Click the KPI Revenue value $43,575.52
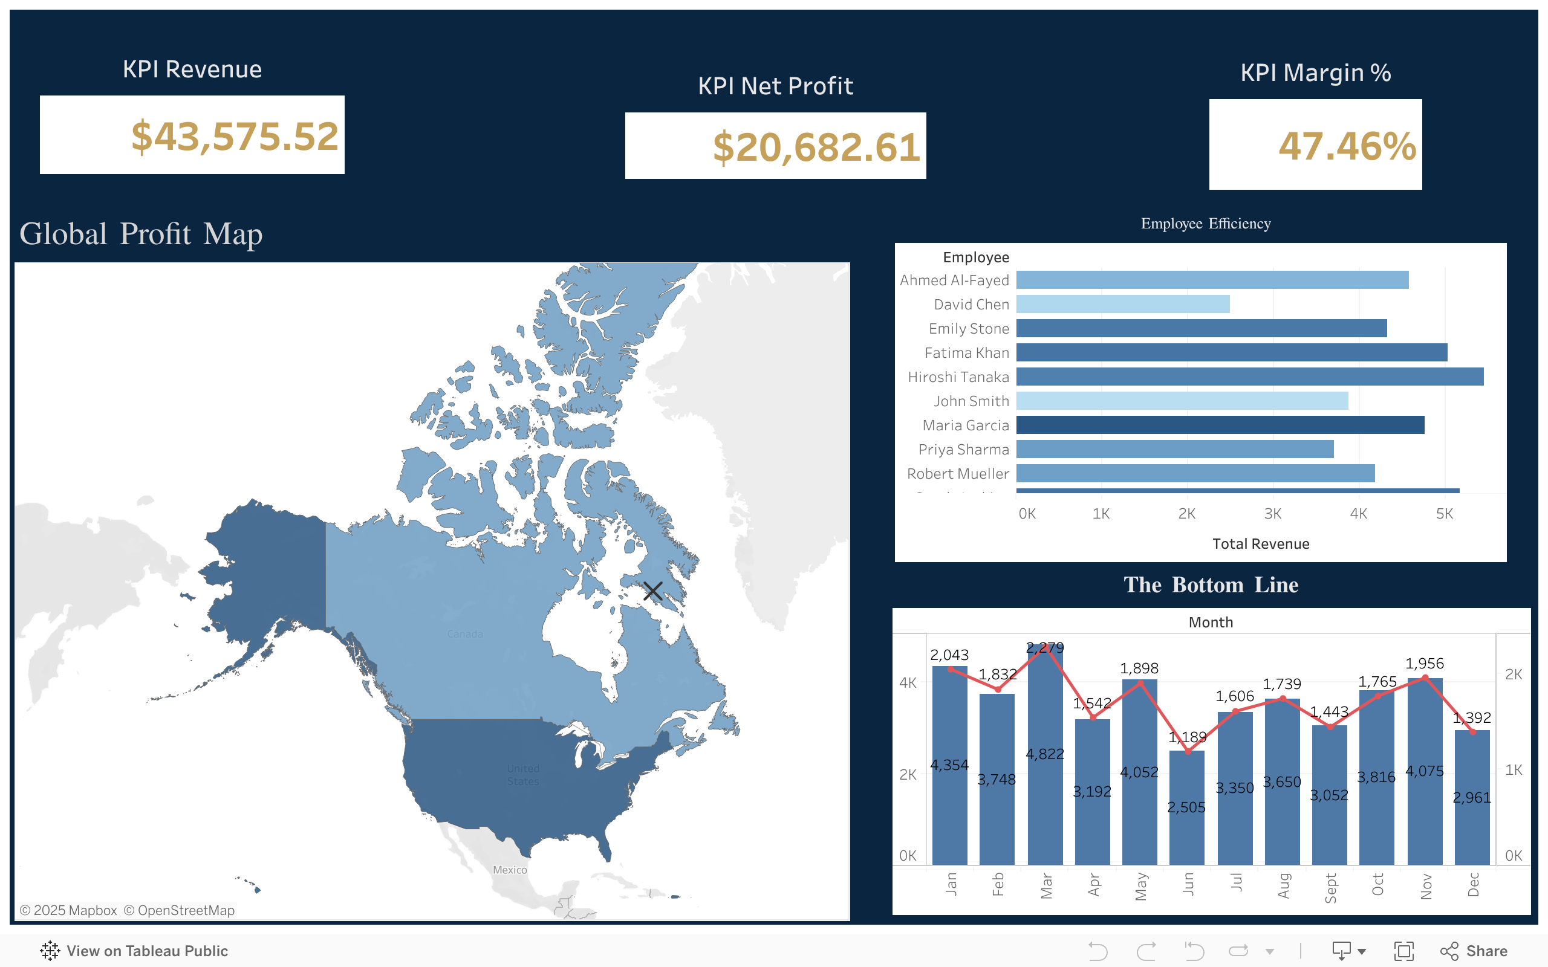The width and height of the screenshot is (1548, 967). [234, 136]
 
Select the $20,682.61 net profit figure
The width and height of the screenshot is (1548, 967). [816, 147]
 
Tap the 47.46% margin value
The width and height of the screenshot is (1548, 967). [1347, 146]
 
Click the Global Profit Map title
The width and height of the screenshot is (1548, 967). [141, 234]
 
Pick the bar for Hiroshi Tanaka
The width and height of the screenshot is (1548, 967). [1249, 377]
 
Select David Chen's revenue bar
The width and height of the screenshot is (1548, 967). [1123, 305]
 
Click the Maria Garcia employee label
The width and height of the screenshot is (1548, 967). [965, 425]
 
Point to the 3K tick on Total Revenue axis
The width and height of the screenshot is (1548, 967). [1272, 514]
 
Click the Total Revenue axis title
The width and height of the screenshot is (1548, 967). [1260, 543]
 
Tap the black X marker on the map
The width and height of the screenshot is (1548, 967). [652, 590]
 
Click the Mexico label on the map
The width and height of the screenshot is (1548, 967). [510, 870]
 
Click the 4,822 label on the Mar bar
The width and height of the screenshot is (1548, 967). [1044, 754]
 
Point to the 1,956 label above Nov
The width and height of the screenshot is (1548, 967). [1424, 664]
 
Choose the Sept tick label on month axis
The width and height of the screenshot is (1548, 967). [1330, 888]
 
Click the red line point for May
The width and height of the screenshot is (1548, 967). [1140, 684]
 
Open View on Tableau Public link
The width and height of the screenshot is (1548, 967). [134, 951]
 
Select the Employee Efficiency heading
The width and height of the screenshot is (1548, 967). [1205, 224]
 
